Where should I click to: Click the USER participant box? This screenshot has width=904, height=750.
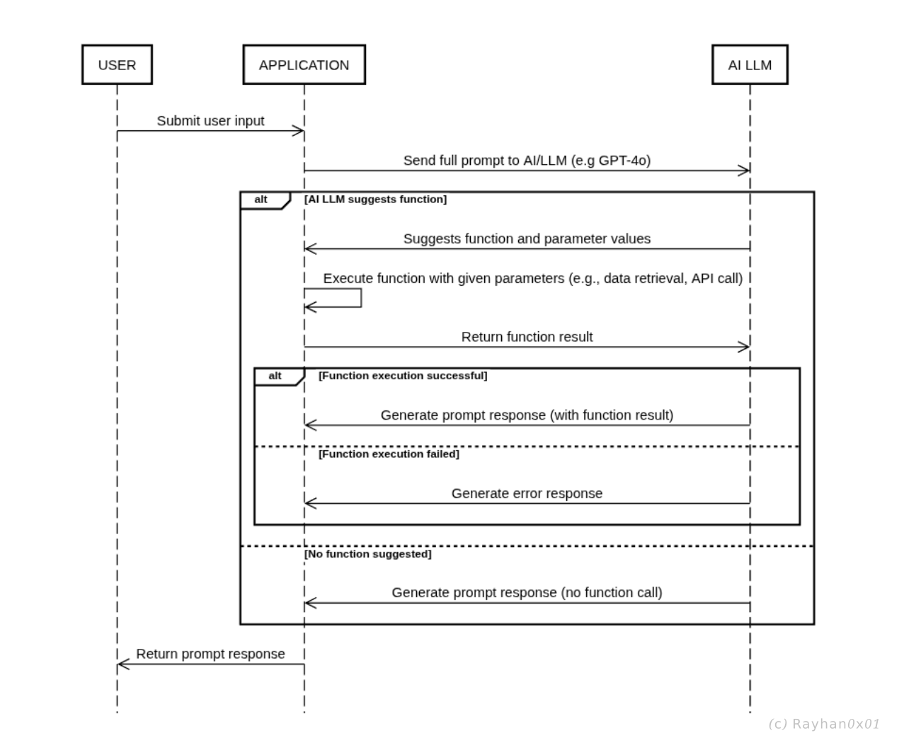(117, 65)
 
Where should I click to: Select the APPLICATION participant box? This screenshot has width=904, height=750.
(304, 65)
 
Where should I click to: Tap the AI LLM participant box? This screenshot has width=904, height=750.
(750, 65)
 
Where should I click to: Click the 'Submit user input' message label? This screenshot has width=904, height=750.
(210, 121)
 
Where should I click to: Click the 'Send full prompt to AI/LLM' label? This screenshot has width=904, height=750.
(527, 161)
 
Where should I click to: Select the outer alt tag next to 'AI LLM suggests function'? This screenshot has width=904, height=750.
(261, 200)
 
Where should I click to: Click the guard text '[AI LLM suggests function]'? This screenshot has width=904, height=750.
(375, 200)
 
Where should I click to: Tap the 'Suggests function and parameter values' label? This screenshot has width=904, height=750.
(527, 239)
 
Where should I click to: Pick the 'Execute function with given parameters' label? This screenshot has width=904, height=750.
(532, 279)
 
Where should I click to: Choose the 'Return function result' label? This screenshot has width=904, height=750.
(527, 337)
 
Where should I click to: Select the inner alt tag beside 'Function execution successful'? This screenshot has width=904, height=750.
(275, 376)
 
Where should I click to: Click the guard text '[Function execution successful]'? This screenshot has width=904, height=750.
(403, 376)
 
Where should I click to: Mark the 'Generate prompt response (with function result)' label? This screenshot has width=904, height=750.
(527, 415)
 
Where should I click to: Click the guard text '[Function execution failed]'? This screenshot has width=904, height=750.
(389, 454)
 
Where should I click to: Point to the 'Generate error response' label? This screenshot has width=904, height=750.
(527, 494)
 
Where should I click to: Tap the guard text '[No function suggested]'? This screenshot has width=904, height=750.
(368, 554)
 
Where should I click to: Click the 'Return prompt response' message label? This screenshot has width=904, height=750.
(210, 654)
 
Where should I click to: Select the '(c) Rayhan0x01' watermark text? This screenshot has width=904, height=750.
(824, 724)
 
